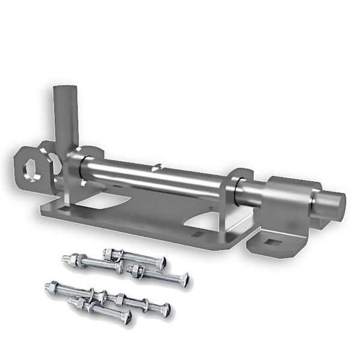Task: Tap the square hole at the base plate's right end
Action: coord(199,232)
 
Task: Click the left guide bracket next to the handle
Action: coord(75,177)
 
